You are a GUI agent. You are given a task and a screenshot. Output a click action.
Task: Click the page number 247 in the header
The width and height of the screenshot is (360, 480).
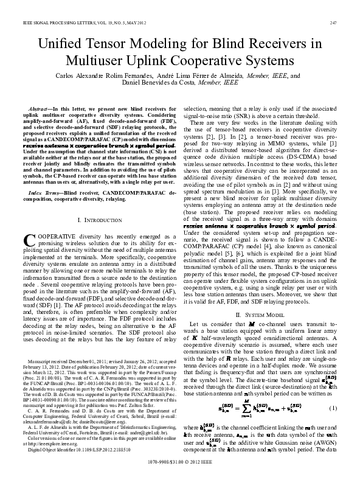(x=333, y=23)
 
